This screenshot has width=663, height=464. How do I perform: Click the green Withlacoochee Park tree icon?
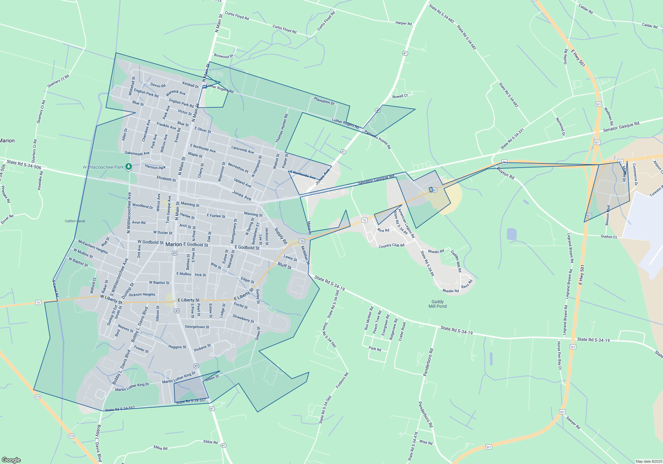128,167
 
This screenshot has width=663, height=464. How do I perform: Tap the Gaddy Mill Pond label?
437,304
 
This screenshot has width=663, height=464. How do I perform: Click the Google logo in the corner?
11,460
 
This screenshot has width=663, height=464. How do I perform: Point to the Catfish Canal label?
75,221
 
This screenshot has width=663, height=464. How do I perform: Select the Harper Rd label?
403,23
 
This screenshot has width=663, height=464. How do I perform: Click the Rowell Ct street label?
400,96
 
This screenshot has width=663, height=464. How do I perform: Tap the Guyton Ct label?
609,237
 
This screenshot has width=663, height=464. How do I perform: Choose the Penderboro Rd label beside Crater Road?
428,362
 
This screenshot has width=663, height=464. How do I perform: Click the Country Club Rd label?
392,246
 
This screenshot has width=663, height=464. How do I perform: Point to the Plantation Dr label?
324,101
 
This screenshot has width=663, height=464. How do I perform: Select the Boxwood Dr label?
224,56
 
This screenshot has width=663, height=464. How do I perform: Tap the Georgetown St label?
197,327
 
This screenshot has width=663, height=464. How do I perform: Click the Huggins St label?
177,347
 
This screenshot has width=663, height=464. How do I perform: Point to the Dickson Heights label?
142,294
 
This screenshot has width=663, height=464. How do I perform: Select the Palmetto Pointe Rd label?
378,139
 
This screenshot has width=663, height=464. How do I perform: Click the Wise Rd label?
426,442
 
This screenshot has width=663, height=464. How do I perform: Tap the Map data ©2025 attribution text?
648,461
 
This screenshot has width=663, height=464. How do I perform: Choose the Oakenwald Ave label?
137,153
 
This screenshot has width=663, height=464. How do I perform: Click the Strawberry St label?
243,319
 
